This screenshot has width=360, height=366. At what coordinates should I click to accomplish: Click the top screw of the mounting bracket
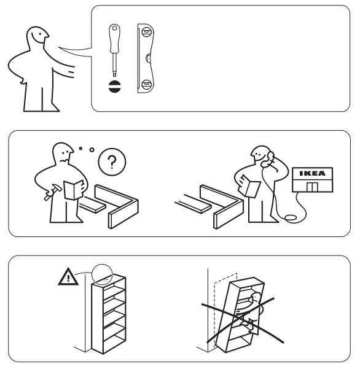coord(145,35)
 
